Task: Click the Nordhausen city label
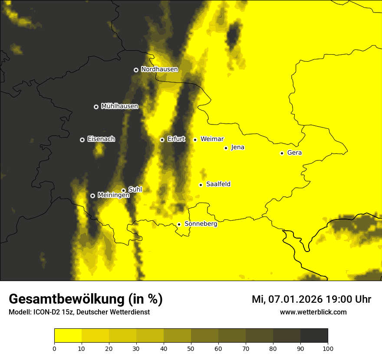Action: (159, 69)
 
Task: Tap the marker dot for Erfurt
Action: (162, 140)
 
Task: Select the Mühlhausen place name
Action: (119, 106)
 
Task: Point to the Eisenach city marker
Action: (82, 140)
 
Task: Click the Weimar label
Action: (212, 139)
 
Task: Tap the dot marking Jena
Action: (226, 148)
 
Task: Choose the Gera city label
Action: (294, 153)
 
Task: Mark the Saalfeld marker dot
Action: (201, 185)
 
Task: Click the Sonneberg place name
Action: (201, 224)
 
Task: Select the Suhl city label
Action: (135, 190)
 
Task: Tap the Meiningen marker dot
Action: (92, 196)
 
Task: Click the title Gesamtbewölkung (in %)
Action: (86, 299)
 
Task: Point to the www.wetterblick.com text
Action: (313, 312)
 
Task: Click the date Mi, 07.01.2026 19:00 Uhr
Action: (311, 299)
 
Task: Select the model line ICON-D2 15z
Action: (79, 312)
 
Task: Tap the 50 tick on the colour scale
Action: (191, 348)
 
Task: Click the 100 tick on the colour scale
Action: (328, 348)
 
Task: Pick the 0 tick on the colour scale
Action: (54, 348)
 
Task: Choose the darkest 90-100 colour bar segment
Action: (314, 336)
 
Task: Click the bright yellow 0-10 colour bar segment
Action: (68, 336)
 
